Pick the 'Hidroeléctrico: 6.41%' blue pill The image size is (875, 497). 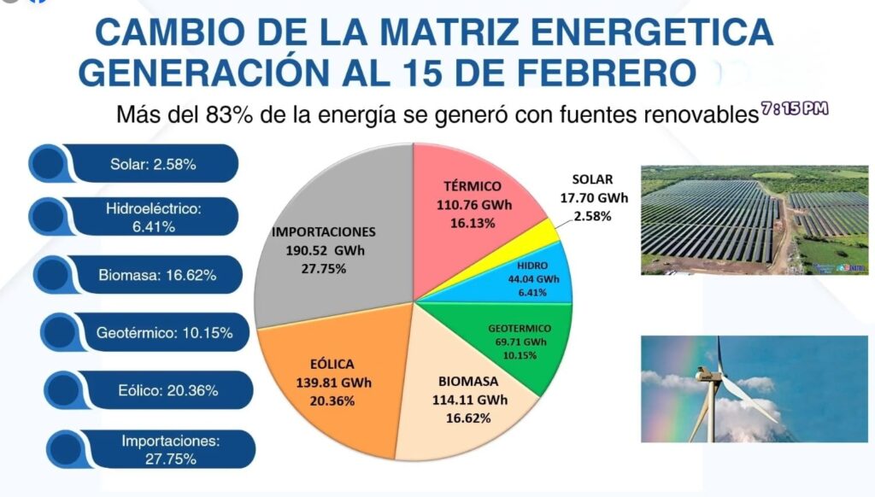(142, 219)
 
